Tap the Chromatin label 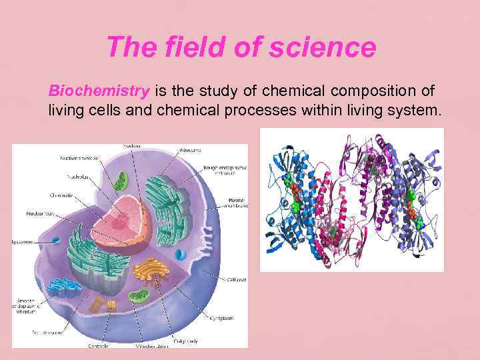click(62, 195)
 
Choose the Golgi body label click(194, 341)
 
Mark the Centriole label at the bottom click(98, 346)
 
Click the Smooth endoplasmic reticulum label click(27, 304)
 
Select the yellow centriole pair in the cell click(110, 307)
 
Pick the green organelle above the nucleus click(121, 181)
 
